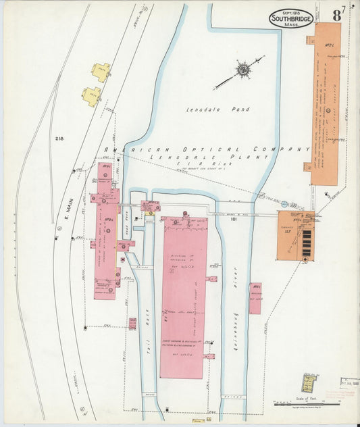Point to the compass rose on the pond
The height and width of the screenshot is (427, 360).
[241, 70]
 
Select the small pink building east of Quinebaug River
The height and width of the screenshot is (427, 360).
[255, 298]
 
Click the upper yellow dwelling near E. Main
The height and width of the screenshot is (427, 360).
[101, 72]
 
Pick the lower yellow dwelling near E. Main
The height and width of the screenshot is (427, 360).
[91, 96]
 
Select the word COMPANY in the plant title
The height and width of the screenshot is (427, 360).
[281, 149]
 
